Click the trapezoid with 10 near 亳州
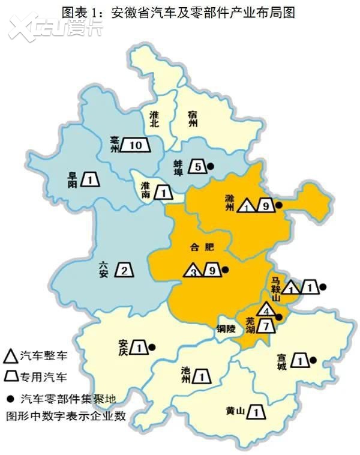pos(135,145)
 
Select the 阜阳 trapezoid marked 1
pos(89,179)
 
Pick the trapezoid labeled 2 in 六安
pos(124,270)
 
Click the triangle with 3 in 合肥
pos(193,271)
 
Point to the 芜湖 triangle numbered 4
pos(266,310)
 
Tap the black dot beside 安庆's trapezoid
pos(152,346)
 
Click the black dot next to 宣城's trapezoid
pos(313,360)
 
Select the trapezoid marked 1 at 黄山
pos(256,412)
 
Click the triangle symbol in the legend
pos(10,357)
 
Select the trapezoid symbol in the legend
pos(10,378)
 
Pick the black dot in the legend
pos(10,397)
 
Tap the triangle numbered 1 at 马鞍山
pos(292,288)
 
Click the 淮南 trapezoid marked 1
pos(163,193)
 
